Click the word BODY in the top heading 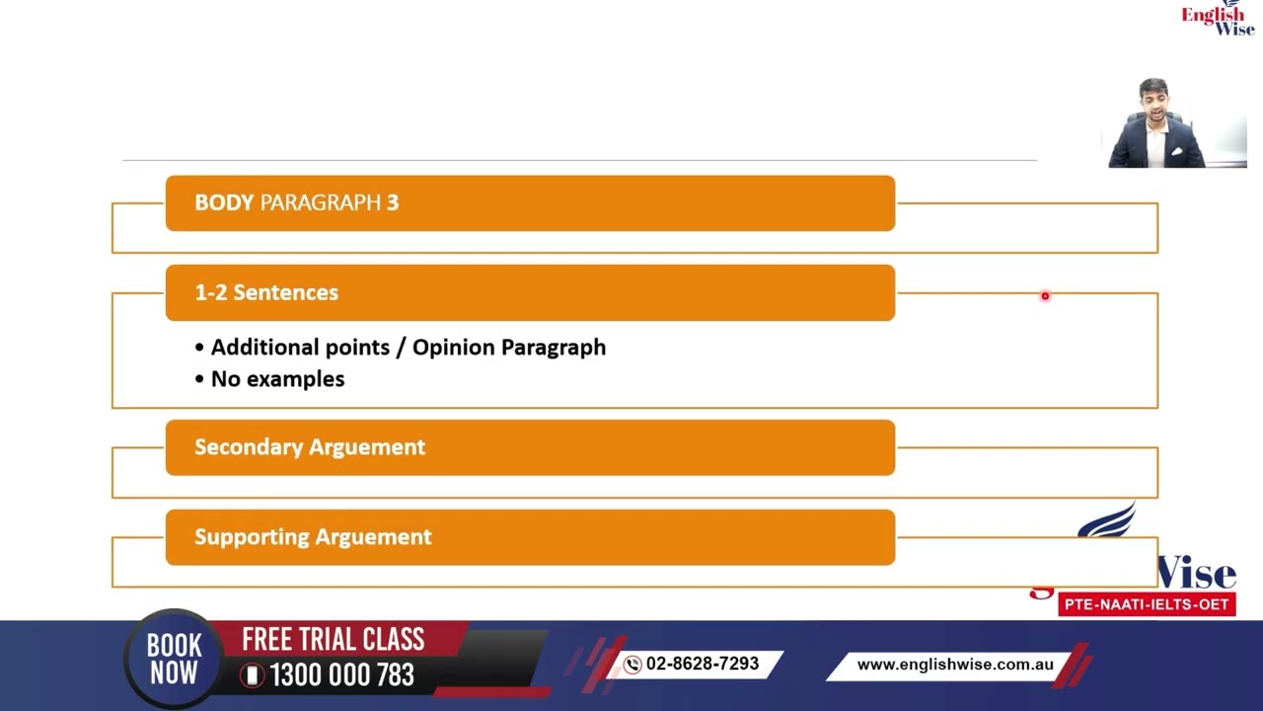click(x=224, y=203)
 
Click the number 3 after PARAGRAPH click(x=393, y=203)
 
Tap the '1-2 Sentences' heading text click(x=266, y=293)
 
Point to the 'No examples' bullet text click(x=277, y=379)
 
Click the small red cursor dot click(x=1045, y=296)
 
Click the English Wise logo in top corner click(x=1218, y=18)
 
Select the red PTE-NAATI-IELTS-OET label click(x=1147, y=604)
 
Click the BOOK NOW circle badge click(x=175, y=660)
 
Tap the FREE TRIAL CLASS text click(x=334, y=640)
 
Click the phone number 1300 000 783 click(x=341, y=675)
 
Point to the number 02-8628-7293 click(x=703, y=665)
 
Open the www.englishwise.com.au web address click(x=955, y=666)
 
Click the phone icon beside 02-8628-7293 click(x=632, y=666)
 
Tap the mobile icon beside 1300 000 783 click(x=253, y=675)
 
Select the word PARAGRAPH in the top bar click(x=320, y=203)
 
